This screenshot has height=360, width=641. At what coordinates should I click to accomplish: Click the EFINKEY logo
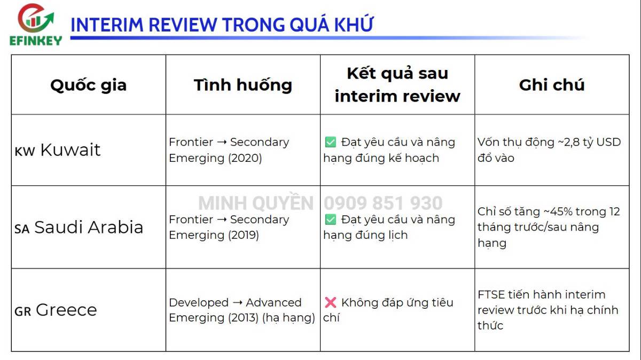35,25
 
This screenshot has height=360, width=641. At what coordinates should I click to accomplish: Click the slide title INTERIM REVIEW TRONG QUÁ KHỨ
222,25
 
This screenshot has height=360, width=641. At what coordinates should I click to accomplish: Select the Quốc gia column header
88,85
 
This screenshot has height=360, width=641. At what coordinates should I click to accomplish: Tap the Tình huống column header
243,85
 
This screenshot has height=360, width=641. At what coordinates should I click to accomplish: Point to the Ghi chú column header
552,85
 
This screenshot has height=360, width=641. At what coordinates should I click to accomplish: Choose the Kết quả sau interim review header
397,84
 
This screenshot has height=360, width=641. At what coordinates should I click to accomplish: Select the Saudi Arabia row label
89,228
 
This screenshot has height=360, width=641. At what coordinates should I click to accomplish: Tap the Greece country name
66,310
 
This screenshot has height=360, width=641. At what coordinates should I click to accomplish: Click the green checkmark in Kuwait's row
330,142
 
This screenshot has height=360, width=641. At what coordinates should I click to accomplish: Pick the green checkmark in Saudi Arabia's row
330,220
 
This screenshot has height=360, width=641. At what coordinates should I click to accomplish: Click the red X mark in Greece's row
330,302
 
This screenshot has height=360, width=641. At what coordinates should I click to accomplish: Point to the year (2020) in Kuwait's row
244,158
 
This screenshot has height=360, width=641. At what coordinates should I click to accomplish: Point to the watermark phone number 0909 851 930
383,204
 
